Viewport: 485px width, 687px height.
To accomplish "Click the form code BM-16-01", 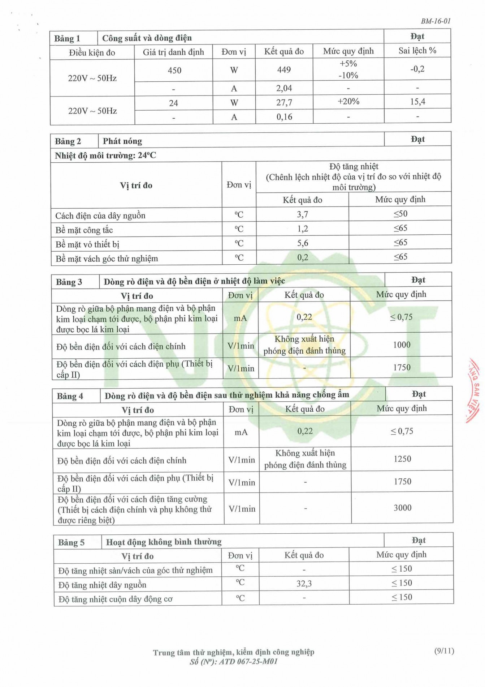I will tap(436, 21).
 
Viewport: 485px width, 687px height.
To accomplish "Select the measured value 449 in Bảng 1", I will tap(284, 69).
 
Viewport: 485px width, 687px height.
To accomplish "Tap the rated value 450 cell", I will tap(174, 70).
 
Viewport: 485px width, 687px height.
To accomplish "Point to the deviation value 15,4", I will tap(417, 102).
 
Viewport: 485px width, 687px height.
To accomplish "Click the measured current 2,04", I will tap(284, 88).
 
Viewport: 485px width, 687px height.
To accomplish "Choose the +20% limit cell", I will tap(348, 102).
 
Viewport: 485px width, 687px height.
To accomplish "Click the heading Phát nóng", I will tap(122, 141).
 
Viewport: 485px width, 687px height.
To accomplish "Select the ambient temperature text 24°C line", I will tap(105, 155).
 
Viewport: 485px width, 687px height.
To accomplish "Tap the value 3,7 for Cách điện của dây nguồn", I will tap(303, 214).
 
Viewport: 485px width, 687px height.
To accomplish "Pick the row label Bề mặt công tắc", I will tap(84, 230).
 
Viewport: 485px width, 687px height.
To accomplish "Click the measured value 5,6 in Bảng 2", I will tap(303, 243).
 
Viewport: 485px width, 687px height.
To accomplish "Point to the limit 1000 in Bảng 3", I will tap(402, 345).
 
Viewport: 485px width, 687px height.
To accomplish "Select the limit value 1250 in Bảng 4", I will tap(402, 459).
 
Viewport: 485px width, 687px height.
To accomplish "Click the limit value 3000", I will tap(402, 508).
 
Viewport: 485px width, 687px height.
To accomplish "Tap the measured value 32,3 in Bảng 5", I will tap(304, 584).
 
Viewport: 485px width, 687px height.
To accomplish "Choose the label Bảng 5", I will tap(71, 542).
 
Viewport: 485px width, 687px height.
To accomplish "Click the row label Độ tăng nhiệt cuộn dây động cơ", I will tap(116, 599).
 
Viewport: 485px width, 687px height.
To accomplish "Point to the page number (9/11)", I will tap(444, 651).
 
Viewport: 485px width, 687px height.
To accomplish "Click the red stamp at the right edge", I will tap(474, 391).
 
